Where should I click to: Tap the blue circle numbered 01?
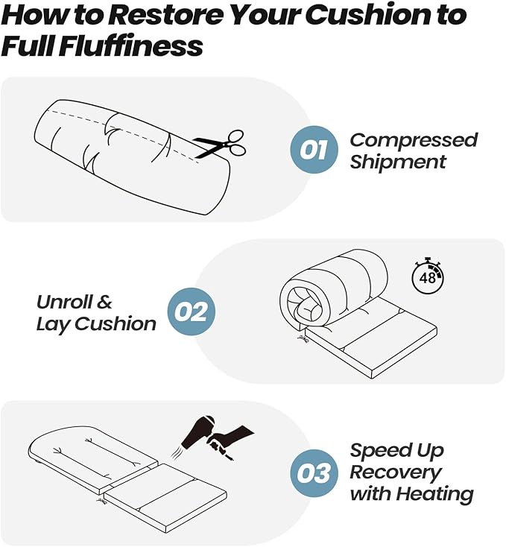coord(314,149)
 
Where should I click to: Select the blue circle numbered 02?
coord(192,312)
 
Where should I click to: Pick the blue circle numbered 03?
coord(314,473)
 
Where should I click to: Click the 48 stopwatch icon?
coord(428,276)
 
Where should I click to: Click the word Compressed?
coord(414,141)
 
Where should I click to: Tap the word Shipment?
coord(398,162)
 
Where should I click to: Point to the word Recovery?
coord(396,473)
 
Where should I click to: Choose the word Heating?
coord(435,494)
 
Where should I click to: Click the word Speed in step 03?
coord(376,451)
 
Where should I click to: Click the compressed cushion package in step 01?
coord(133,157)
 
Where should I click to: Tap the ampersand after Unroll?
coord(104,302)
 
